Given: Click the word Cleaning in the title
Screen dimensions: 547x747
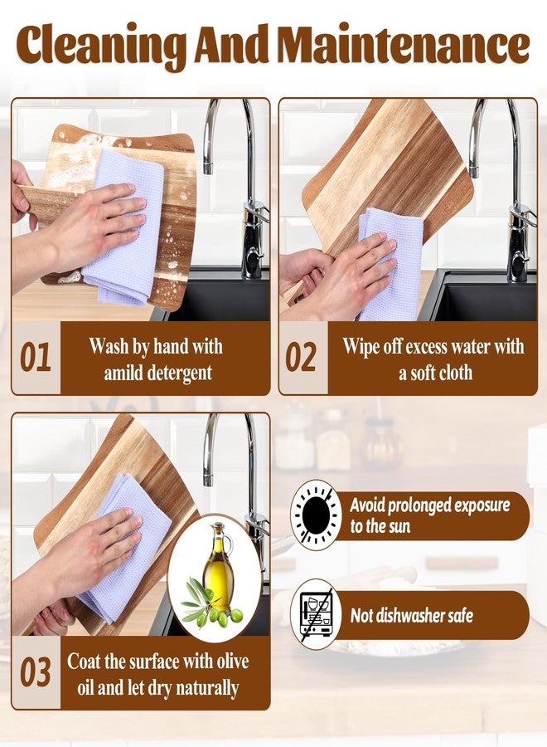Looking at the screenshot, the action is click(101, 46).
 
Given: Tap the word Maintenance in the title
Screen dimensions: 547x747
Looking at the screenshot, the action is click(404, 45).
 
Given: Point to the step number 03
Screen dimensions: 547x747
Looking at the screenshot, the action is click(35, 672).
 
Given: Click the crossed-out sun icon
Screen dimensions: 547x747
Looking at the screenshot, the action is click(316, 515).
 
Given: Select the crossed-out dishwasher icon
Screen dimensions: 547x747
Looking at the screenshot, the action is click(316, 614).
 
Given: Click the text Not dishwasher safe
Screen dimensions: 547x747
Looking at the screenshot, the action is click(411, 615).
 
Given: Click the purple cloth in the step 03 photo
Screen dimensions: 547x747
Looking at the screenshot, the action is click(124, 548).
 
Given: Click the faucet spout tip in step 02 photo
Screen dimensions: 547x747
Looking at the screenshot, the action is click(474, 171).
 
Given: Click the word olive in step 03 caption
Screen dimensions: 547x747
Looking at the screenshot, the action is click(233, 662).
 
